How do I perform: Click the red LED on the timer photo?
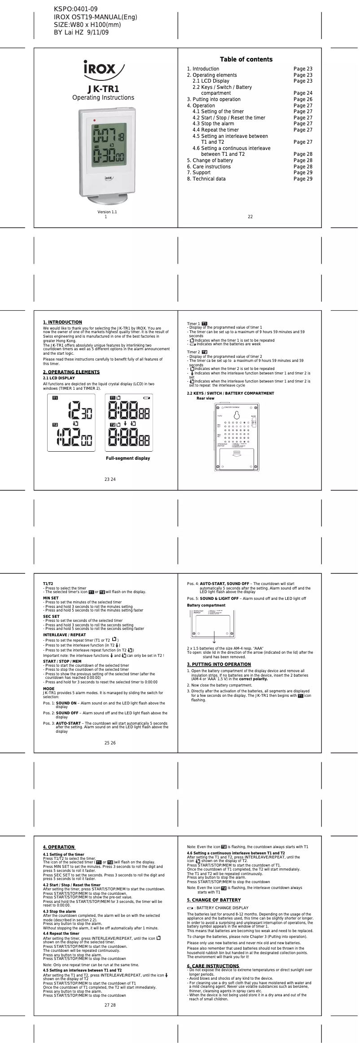[x=94, y=120]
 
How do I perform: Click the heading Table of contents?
[x=246, y=59]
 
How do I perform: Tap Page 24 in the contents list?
[x=303, y=93]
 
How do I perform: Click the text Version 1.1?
[x=107, y=212]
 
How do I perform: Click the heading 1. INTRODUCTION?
[x=62, y=322]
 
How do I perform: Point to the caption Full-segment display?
[x=128, y=458]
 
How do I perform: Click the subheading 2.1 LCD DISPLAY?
[x=58, y=378]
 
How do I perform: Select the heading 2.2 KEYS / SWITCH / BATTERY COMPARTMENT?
[x=230, y=393]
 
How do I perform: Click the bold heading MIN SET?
[x=51, y=598]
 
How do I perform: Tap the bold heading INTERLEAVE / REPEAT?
[x=64, y=635]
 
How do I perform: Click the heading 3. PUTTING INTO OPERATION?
[x=219, y=664]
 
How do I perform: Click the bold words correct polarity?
[x=253, y=679]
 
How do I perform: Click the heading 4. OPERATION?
[x=59, y=847]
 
